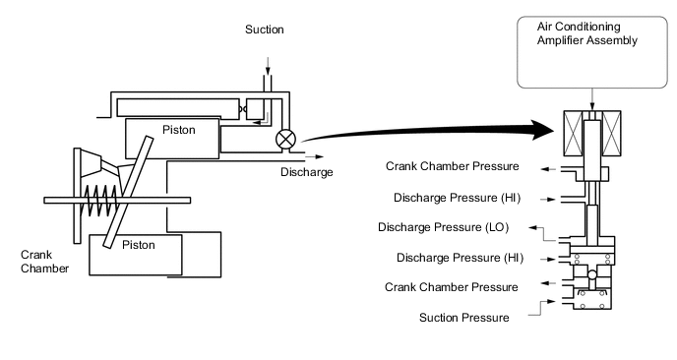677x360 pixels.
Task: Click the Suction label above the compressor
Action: point(265,30)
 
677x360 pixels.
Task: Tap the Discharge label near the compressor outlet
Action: point(307,172)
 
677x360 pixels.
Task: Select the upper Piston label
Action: point(179,130)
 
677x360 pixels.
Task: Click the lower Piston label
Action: point(138,245)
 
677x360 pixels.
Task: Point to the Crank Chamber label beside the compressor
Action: point(44,262)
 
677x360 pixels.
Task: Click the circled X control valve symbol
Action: point(285,140)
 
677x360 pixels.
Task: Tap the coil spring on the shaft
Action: point(100,201)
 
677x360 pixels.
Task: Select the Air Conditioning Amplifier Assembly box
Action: point(592,52)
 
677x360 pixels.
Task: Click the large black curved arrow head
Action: point(542,130)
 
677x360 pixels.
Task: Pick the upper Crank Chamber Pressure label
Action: point(452,166)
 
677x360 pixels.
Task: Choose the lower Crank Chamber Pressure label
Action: point(452,287)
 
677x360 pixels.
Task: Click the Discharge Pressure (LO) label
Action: point(443,227)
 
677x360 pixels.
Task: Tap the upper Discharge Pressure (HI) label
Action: point(457,198)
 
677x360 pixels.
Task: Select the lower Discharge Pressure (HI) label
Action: point(460,258)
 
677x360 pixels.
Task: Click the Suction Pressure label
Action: point(464,318)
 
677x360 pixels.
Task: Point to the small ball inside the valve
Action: point(592,274)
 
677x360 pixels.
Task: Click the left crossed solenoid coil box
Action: point(573,134)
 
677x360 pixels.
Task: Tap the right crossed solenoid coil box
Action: point(611,134)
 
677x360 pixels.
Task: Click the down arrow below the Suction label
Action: point(268,66)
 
